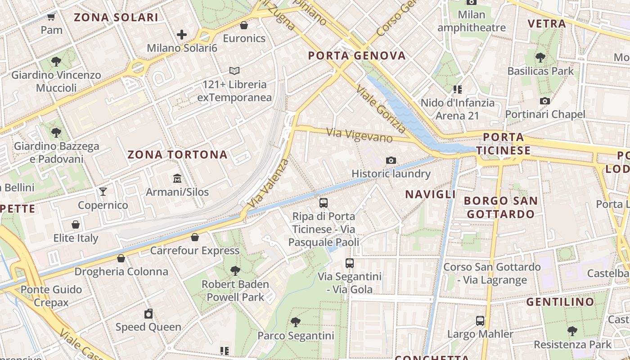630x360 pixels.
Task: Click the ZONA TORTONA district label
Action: click(x=177, y=155)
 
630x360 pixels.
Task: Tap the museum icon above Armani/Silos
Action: click(x=177, y=179)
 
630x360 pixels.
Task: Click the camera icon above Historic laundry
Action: click(x=391, y=160)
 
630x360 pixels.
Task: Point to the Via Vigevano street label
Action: click(x=360, y=135)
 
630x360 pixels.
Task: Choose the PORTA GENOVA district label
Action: click(x=357, y=56)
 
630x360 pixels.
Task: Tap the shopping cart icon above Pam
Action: click(x=51, y=17)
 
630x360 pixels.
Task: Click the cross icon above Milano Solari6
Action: click(x=182, y=35)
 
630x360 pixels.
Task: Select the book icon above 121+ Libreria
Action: click(x=234, y=71)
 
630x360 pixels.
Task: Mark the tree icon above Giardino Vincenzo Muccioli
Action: click(x=56, y=62)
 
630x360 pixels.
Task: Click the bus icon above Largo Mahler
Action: click(x=480, y=321)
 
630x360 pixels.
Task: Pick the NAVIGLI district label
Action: click(x=431, y=194)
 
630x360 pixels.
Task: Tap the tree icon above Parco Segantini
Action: click(x=296, y=322)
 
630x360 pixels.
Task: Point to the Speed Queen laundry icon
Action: click(x=148, y=314)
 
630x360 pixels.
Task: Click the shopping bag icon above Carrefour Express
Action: click(x=195, y=237)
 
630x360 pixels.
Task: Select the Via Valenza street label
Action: click(x=269, y=182)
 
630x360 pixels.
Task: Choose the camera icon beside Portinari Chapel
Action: click(x=545, y=101)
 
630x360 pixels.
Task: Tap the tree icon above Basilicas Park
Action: click(x=540, y=58)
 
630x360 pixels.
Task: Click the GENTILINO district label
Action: click(x=560, y=302)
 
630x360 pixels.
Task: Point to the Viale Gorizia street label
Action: click(x=380, y=108)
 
